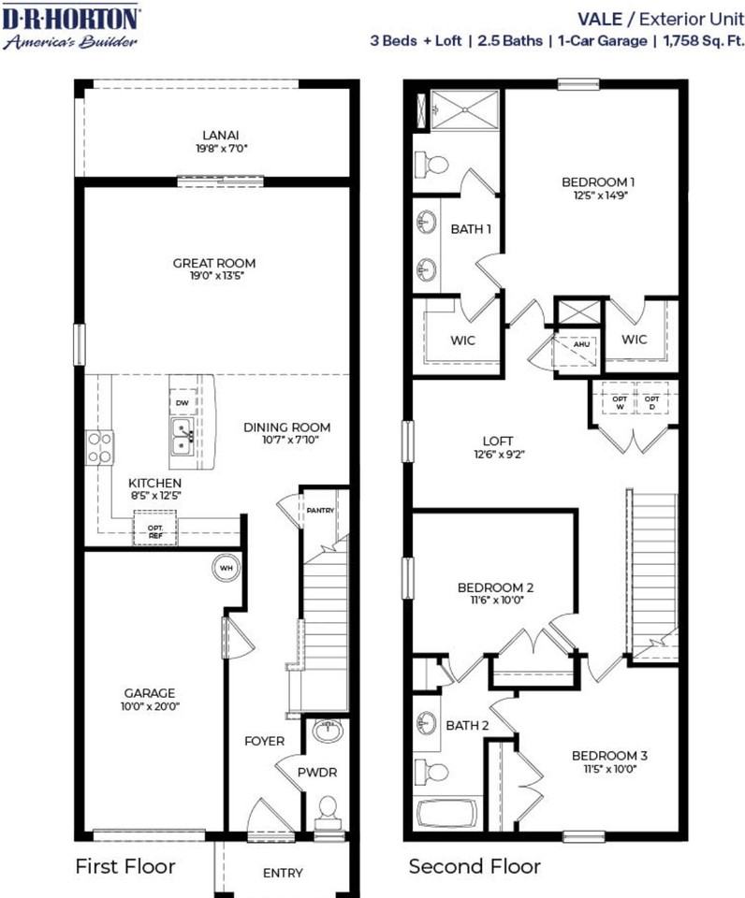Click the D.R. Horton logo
coord(72,27)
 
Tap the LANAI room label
coord(217,134)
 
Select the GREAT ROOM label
coord(213,263)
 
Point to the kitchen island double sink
coord(183,435)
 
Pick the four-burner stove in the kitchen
coord(100,446)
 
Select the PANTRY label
coord(320,510)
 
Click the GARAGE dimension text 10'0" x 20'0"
coord(151,707)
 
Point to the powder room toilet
coord(328,810)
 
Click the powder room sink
coord(328,731)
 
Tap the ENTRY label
coord(283,873)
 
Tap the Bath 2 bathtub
coord(446,813)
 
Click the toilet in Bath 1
coord(432,165)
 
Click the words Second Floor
coord(475,867)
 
